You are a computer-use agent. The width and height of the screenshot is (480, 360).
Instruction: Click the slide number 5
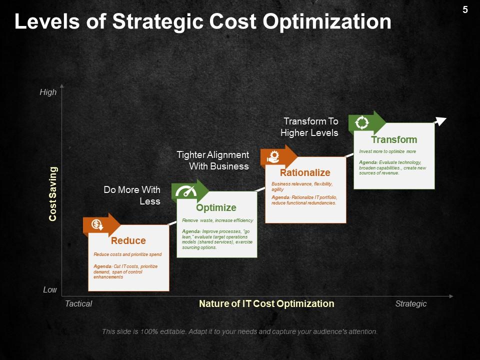tap(465, 9)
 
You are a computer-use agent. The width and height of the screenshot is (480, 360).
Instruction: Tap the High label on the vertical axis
tap(48, 92)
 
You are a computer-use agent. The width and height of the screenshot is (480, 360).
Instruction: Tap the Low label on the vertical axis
tap(50, 290)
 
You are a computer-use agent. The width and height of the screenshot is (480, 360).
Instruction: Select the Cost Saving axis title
tap(52, 193)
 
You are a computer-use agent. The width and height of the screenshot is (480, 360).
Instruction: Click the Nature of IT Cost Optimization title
tap(266, 303)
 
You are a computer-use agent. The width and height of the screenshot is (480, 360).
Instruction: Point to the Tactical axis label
tap(78, 303)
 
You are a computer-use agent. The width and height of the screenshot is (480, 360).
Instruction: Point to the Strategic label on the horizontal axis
tap(410, 303)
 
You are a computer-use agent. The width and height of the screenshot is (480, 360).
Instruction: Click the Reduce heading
tap(128, 240)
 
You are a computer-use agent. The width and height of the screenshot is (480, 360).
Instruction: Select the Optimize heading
tap(216, 207)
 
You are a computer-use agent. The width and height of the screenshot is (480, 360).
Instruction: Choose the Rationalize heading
tap(305, 172)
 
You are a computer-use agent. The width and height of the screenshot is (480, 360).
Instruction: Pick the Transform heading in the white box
tap(394, 139)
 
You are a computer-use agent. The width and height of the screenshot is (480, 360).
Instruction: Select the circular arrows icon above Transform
tap(362, 122)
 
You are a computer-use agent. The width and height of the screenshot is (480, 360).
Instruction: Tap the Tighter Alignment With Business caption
tap(213, 160)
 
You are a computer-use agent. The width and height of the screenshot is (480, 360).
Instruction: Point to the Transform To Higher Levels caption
tap(309, 127)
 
